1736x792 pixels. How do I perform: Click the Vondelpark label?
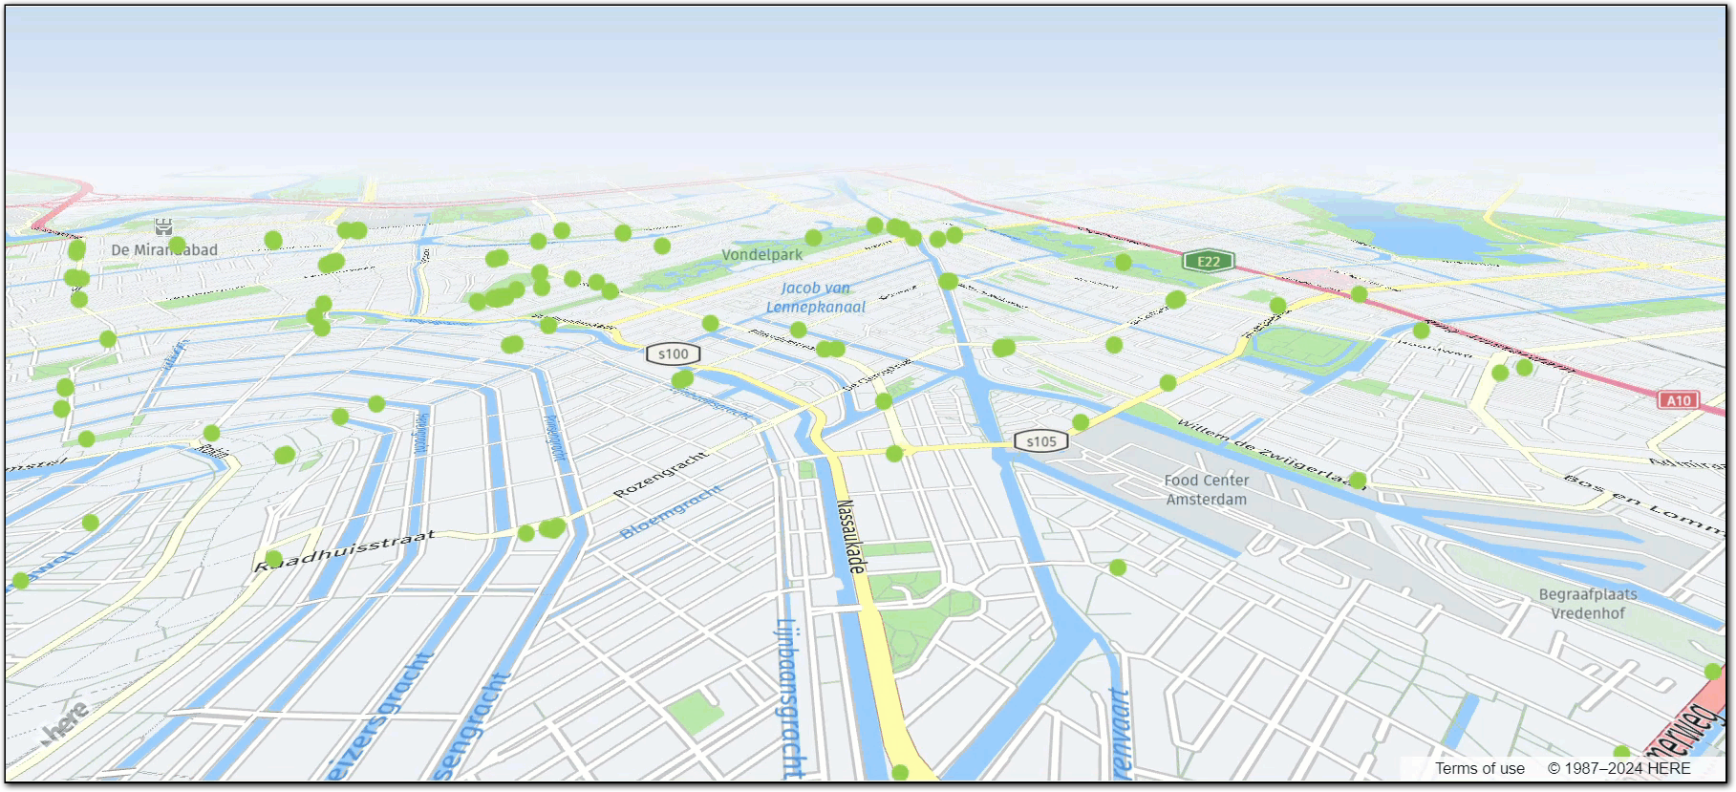(761, 255)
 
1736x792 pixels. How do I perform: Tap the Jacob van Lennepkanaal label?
(815, 297)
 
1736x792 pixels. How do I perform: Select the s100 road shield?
(674, 353)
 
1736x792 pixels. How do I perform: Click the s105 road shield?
(1041, 441)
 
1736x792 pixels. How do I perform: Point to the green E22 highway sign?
(1209, 261)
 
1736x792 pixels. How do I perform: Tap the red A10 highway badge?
(1679, 400)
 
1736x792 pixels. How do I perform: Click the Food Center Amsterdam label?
(1206, 490)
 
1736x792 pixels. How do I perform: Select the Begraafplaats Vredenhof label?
(1587, 604)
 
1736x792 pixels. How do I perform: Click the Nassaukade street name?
(851, 536)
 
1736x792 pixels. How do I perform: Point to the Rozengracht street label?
(660, 474)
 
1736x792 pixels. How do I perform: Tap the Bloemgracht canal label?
(671, 511)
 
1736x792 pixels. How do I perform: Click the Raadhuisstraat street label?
(345, 552)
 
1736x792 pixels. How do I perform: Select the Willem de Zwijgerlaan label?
(1270, 453)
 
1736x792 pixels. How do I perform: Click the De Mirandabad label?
(164, 250)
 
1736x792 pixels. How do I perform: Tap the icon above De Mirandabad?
(163, 226)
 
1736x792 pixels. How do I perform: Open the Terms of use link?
(1479, 768)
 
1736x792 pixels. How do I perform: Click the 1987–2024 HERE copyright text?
(1618, 768)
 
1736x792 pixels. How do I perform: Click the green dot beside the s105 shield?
(1081, 422)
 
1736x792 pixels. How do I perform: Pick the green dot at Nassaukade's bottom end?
(900, 772)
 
